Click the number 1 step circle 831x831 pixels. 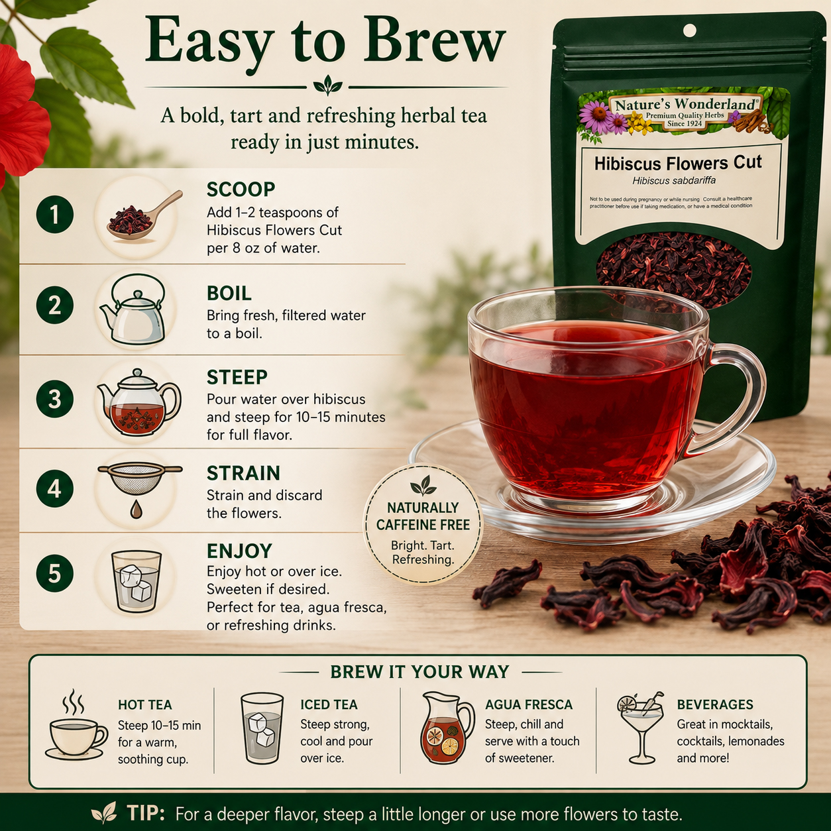pos(55,214)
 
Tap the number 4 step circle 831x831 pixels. pos(55,490)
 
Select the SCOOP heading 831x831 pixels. pos(241,190)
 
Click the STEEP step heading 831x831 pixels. pos(237,377)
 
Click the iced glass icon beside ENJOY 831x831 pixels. pos(137,582)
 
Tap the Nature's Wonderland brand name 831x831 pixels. pos(685,104)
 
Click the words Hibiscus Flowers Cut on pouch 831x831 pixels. pos(679,163)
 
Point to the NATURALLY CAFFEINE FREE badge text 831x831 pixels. pos(423,516)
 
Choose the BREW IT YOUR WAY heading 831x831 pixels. pos(419,672)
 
